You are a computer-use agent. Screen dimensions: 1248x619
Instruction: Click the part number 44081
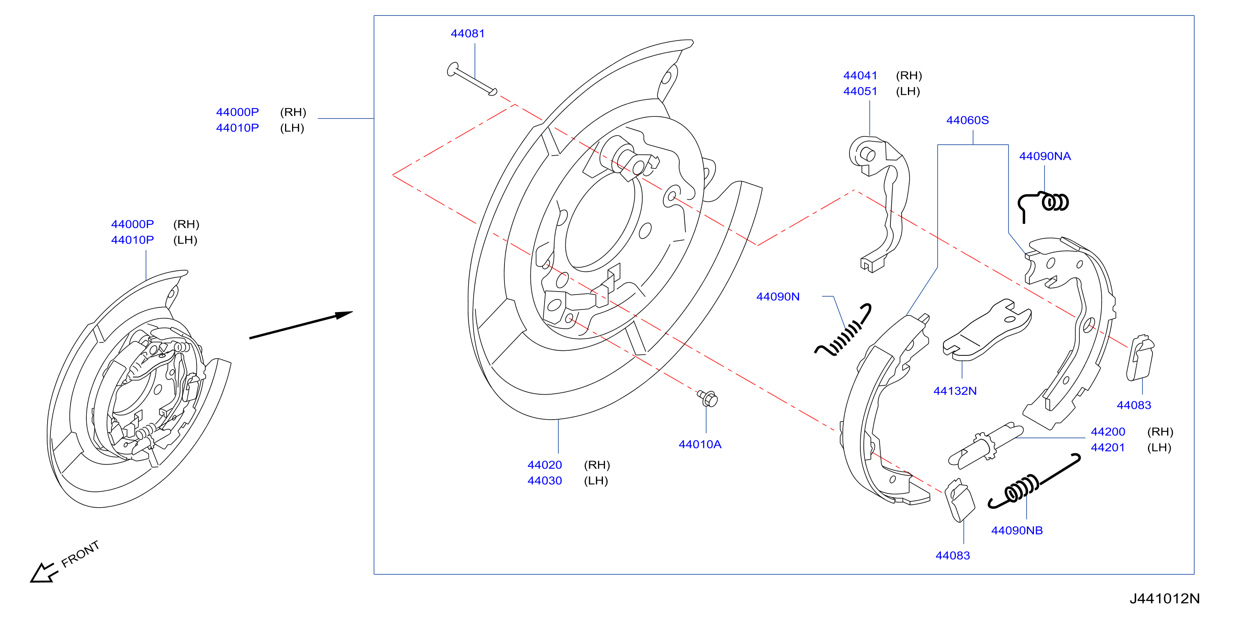point(467,33)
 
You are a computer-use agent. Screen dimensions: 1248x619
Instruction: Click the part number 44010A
point(700,444)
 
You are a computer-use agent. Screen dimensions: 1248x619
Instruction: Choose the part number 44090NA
point(1044,156)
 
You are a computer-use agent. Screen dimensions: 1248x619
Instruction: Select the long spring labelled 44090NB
point(1034,483)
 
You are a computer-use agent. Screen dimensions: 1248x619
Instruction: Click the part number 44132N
point(955,391)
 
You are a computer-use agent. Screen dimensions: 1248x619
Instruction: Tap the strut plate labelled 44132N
point(986,330)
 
